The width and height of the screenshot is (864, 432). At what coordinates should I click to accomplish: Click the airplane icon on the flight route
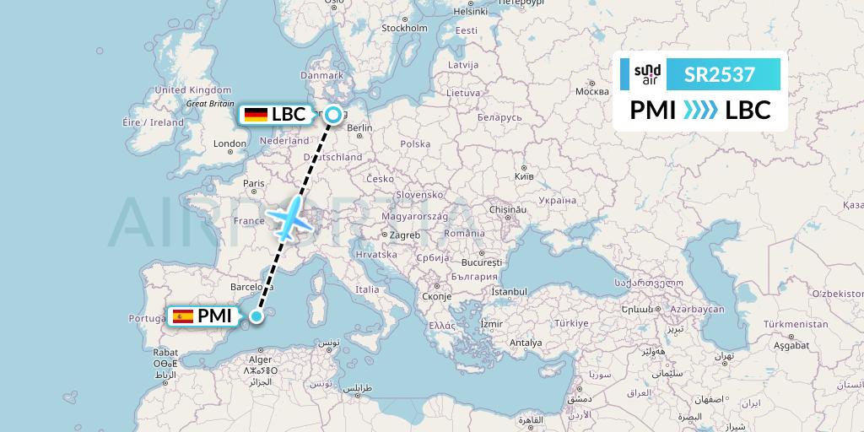click(289, 217)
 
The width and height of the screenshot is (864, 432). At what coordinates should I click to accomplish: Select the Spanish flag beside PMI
click(183, 316)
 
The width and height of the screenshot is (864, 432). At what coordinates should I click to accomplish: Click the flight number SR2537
click(720, 74)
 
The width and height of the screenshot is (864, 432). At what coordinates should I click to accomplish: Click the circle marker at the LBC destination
click(335, 115)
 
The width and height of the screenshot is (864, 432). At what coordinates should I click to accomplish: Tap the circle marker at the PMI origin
click(256, 316)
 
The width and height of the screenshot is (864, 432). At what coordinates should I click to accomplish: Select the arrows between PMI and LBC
click(699, 111)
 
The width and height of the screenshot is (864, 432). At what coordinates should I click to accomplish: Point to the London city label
click(229, 143)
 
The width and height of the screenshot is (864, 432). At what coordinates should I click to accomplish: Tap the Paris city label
click(254, 183)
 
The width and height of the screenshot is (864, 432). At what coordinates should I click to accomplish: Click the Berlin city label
click(359, 127)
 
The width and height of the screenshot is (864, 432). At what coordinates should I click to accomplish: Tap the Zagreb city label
click(403, 235)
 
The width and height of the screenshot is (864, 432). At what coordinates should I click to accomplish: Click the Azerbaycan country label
click(697, 310)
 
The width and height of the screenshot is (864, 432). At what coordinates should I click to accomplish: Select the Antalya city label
click(526, 343)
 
